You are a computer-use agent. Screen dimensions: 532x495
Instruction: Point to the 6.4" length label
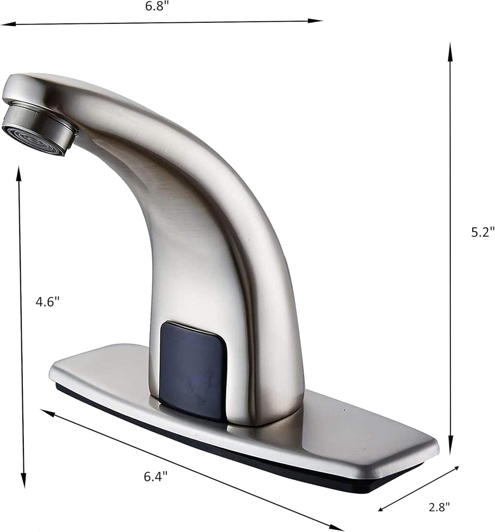pyautogui.click(x=156, y=475)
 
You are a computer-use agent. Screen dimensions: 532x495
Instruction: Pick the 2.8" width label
pyautogui.click(x=440, y=506)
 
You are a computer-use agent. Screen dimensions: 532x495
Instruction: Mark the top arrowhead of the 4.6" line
pyautogui.click(x=19, y=173)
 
